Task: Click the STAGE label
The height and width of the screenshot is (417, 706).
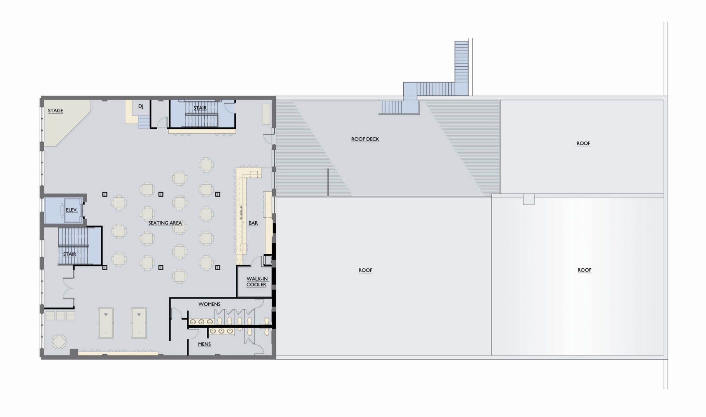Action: [x=55, y=111]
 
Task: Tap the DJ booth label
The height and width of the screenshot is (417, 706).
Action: [x=141, y=106]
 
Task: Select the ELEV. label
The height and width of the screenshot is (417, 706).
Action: [x=72, y=210]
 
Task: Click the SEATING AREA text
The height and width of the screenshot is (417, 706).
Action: [x=165, y=223]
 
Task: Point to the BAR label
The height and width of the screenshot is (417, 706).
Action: [x=253, y=223]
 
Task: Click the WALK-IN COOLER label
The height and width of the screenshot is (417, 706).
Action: [x=257, y=282]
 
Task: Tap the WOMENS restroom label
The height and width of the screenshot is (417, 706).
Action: [x=209, y=304]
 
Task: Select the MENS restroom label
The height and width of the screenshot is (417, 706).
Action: [x=204, y=344]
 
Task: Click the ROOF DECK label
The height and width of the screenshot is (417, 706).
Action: [x=365, y=139]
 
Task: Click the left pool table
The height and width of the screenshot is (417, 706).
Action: [x=106, y=323]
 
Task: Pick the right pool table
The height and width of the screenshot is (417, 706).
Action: [x=138, y=323]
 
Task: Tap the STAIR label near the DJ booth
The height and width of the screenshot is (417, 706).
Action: [x=200, y=108]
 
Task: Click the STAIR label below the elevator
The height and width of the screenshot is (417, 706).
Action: [x=69, y=254]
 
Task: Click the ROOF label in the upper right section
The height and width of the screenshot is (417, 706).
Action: [x=583, y=143]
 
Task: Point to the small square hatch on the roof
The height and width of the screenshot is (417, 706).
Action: [x=529, y=199]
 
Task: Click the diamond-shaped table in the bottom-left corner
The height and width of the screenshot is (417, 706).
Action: [x=59, y=341]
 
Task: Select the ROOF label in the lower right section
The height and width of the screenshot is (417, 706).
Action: [x=584, y=270]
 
